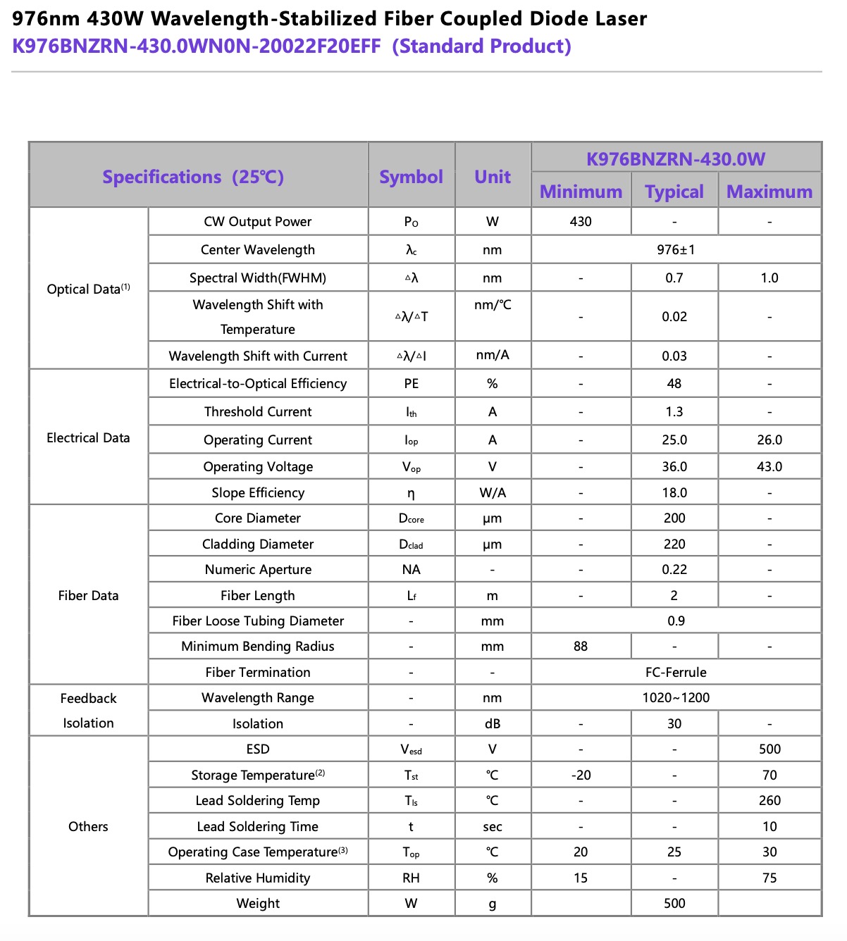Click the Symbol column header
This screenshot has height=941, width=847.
pyautogui.click(x=411, y=177)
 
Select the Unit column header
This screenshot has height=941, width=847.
pyautogui.click(x=493, y=177)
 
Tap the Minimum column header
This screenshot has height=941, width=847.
pyautogui.click(x=581, y=192)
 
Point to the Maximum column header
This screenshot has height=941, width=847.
pyautogui.click(x=769, y=192)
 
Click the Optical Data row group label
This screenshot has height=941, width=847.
pyautogui.click(x=88, y=289)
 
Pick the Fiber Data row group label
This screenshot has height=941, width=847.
pyautogui.click(x=88, y=595)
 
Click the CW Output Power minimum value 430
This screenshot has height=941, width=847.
pyautogui.click(x=581, y=221)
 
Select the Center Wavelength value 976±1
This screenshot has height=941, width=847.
pyautogui.click(x=675, y=249)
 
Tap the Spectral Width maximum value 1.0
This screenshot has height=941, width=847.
pyautogui.click(x=769, y=278)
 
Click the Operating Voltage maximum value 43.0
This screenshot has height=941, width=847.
pyautogui.click(x=769, y=466)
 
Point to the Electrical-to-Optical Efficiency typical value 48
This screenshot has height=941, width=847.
pyautogui.click(x=674, y=383)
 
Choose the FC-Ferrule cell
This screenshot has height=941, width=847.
pyautogui.click(x=675, y=672)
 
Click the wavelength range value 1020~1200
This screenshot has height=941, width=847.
pyautogui.click(x=675, y=697)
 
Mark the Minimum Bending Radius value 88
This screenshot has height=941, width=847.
pyautogui.click(x=581, y=646)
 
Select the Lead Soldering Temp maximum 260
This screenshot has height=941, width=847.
pyautogui.click(x=769, y=800)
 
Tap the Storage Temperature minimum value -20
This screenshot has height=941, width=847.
pyautogui.click(x=581, y=775)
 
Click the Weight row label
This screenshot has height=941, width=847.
pyautogui.click(x=258, y=903)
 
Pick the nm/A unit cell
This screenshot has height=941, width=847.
pyautogui.click(x=493, y=355)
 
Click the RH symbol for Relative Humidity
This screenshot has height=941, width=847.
pyautogui.click(x=411, y=878)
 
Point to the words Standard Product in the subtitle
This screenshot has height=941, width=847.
pyautogui.click(x=482, y=46)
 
